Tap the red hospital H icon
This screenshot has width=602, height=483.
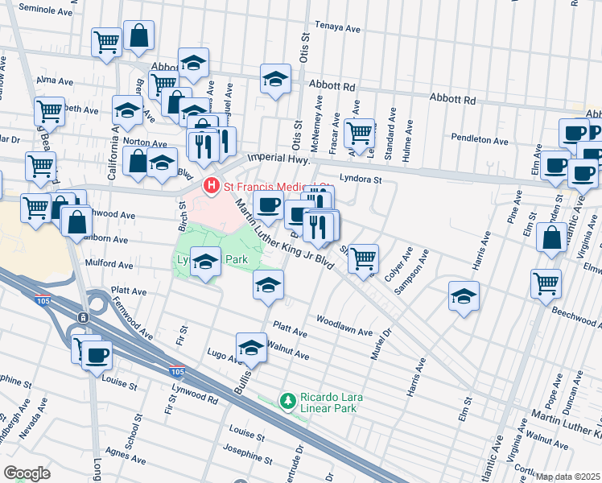(x=211, y=187)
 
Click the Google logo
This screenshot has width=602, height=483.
(x=27, y=473)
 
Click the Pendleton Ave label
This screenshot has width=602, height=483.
(x=480, y=140)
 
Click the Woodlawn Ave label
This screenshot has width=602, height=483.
(x=344, y=332)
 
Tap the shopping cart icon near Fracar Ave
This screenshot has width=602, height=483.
(x=359, y=130)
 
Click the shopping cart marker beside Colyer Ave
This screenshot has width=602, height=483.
(x=364, y=257)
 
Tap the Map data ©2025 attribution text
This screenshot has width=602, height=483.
(x=568, y=477)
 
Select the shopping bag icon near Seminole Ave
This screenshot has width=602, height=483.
(x=138, y=35)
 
